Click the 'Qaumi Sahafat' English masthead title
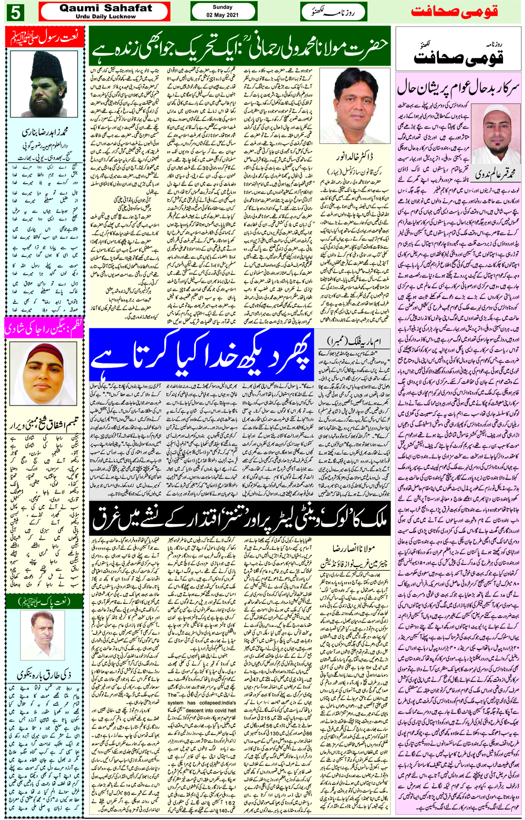[x=105, y=8]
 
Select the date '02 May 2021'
[x=223, y=15]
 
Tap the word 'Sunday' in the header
[x=223, y=7]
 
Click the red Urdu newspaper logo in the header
[x=454, y=12]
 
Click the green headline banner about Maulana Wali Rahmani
[x=240, y=46]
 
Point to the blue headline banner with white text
[x=202, y=354]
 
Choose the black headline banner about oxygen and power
[x=240, y=519]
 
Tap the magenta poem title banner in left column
[x=44, y=329]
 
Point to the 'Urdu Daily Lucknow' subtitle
[x=105, y=17]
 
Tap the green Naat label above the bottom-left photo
[x=44, y=601]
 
